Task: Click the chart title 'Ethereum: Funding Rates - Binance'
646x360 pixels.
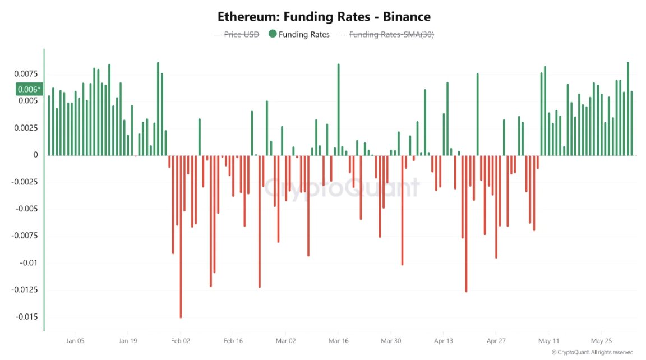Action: point(324,17)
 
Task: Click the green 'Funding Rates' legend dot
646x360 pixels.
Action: point(273,34)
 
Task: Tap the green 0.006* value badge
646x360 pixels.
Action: point(29,89)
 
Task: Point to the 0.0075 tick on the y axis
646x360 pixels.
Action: point(26,73)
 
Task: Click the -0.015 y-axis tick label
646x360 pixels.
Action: point(26,317)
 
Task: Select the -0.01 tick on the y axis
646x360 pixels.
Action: point(29,263)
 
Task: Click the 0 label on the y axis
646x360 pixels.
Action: point(35,155)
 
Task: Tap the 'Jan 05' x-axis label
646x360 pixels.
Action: point(75,341)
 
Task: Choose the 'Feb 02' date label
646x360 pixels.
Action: point(181,341)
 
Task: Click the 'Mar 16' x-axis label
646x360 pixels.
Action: point(338,341)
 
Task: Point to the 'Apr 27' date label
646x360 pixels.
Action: point(496,341)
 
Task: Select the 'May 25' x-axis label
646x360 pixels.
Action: point(602,341)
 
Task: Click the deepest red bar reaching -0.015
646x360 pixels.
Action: point(181,237)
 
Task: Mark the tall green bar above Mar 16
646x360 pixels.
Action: point(338,109)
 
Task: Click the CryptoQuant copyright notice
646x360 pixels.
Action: point(592,353)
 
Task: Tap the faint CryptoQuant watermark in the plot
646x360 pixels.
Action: point(342,187)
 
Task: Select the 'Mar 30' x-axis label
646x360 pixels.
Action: point(391,341)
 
